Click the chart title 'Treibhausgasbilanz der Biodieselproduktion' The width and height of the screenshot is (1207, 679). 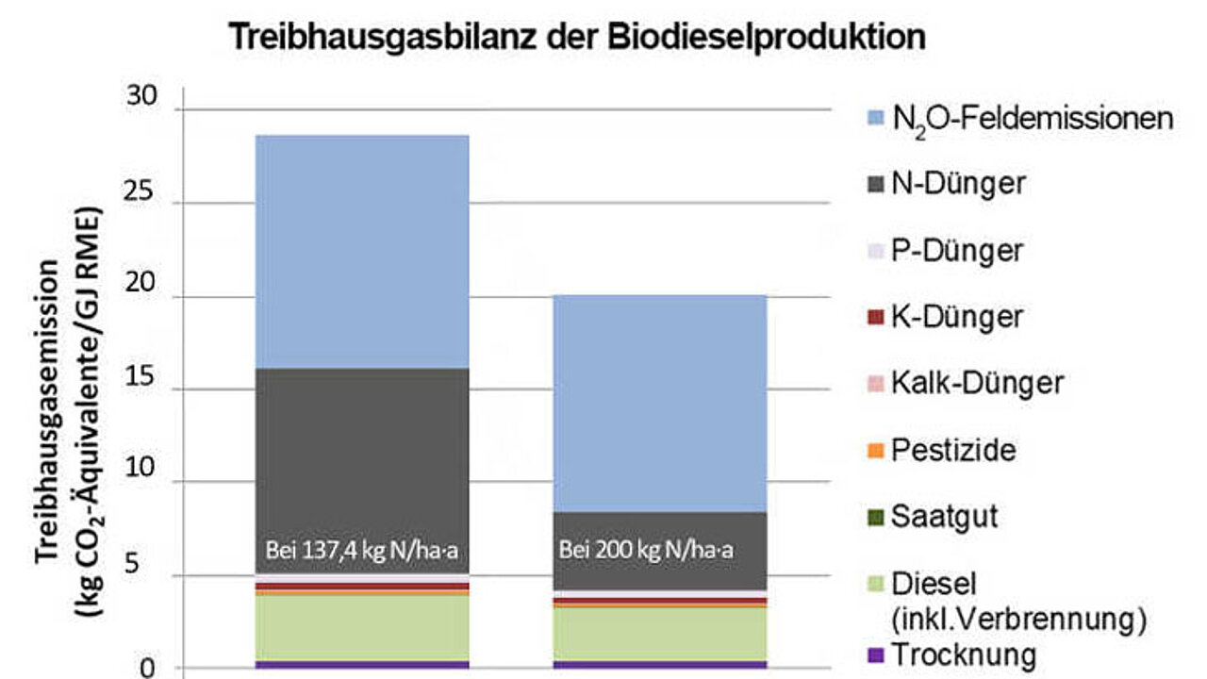577,37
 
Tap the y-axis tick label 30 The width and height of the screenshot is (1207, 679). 141,96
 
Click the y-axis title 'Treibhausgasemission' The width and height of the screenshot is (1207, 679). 47,412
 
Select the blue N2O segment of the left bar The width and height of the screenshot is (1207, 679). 362,252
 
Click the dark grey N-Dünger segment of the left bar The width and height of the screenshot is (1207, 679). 362,471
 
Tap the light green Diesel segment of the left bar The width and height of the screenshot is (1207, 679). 362,628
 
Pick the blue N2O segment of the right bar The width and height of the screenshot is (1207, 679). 660,404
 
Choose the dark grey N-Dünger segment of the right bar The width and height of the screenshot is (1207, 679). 660,551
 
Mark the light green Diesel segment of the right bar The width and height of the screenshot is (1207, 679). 660,635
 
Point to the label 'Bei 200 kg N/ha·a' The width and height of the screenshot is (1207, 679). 646,550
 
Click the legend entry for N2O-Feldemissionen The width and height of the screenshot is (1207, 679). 1020,120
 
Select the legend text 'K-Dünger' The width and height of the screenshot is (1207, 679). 957,317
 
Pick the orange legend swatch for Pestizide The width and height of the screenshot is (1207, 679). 876,451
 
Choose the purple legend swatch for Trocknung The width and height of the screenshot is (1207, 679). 876,655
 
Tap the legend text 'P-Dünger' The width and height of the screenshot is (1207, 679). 957,251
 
